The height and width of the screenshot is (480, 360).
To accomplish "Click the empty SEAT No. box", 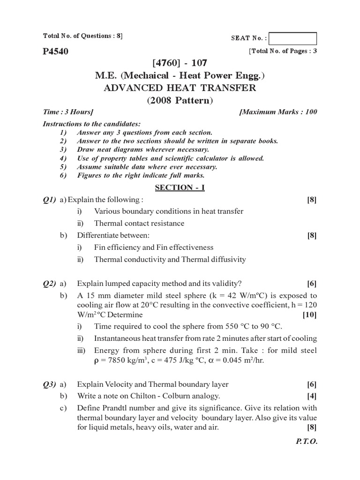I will pos(293,38).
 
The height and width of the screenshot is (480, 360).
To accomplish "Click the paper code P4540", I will pos(55,52).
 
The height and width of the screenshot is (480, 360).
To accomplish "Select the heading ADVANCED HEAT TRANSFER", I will pos(180,88).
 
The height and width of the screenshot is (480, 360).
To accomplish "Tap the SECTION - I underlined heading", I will pos(180,187).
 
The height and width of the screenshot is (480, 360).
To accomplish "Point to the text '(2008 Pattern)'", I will pos(180,100).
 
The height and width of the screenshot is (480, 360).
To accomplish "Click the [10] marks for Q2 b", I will pos(310,315).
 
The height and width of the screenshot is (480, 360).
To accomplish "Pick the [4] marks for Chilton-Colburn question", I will pos(312,396).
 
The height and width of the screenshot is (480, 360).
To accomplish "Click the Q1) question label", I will pos(49,200).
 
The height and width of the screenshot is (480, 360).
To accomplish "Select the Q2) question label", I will pos(49,283).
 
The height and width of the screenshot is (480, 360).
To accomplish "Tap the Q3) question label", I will pos(49,384).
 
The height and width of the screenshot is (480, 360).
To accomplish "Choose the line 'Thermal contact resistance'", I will pos(139,223).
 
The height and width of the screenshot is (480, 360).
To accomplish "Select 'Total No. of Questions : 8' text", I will pos(82,36).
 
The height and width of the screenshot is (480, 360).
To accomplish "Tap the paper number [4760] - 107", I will pos(180,62).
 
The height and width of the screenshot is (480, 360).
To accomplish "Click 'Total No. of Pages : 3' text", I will pos(283,51).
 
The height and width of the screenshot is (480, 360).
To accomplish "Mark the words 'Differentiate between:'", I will pos(113,235).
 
